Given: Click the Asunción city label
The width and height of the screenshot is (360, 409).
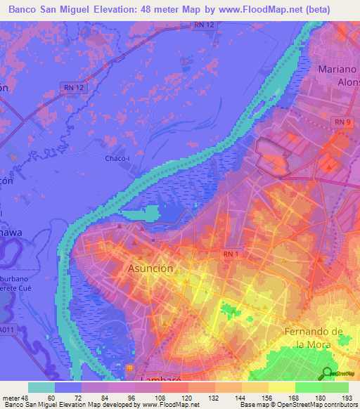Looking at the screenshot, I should pyautogui.click(x=150, y=268).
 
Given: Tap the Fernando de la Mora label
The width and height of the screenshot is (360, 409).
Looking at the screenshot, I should pyautogui.click(x=322, y=337).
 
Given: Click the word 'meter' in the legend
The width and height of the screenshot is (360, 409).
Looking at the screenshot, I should pyautogui.click(x=11, y=398).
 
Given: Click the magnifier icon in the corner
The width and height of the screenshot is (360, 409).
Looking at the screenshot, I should pyautogui.click(x=326, y=375).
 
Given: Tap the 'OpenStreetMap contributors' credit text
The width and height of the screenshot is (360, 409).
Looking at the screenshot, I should pyautogui.click(x=319, y=405).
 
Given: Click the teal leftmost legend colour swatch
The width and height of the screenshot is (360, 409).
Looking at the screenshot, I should pyautogui.click(x=41, y=387).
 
